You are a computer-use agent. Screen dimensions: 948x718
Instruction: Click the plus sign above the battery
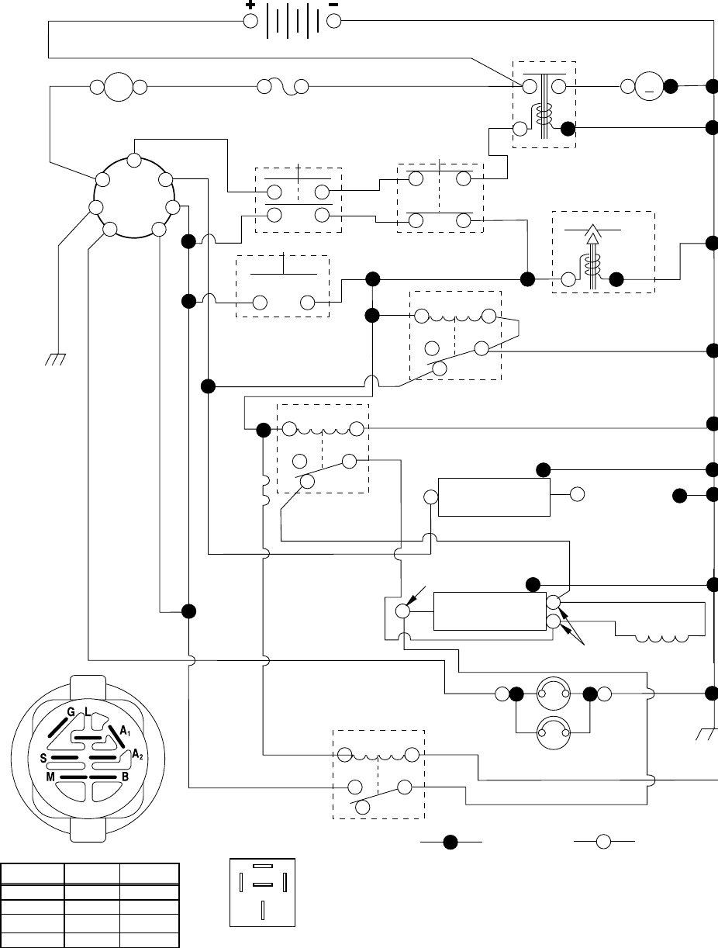point(250,5)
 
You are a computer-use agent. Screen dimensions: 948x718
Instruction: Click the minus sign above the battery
point(333,5)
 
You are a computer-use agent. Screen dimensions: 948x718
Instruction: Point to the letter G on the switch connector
point(71,712)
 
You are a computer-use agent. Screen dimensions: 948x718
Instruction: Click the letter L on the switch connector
point(88,712)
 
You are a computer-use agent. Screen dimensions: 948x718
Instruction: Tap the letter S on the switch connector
point(45,758)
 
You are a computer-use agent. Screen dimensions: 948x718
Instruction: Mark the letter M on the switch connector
point(49,777)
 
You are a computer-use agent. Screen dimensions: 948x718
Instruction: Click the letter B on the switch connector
point(125,777)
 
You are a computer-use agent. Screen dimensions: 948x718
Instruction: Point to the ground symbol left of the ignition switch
point(55,360)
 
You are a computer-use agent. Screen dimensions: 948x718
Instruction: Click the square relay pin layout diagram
point(263,892)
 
